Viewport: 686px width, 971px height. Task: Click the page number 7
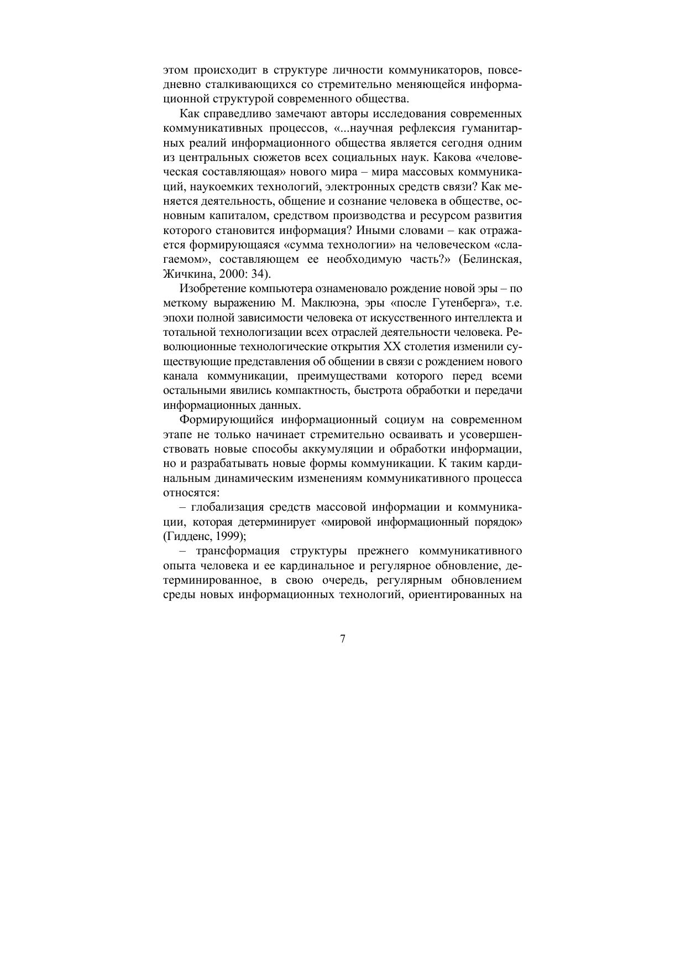[x=343, y=639]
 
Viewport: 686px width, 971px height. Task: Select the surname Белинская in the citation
[x=493, y=259]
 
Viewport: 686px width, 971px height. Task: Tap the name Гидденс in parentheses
[x=187, y=536]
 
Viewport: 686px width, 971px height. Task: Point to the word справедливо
[x=234, y=114]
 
